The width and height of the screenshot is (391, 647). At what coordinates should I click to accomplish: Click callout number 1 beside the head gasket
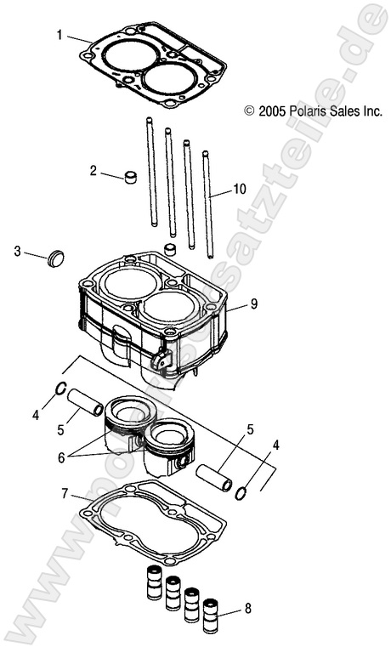[59, 35]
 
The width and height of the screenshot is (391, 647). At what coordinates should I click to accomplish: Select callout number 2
[93, 170]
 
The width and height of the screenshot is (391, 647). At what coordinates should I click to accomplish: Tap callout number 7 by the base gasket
[65, 493]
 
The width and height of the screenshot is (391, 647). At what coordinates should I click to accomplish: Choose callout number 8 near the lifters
[248, 609]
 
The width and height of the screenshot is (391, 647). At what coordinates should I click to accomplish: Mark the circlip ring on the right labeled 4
[242, 492]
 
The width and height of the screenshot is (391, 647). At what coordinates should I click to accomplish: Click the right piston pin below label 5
[214, 476]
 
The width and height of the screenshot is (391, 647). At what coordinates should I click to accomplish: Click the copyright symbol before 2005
[249, 111]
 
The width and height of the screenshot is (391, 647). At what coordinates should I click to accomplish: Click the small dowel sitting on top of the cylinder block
[170, 249]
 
